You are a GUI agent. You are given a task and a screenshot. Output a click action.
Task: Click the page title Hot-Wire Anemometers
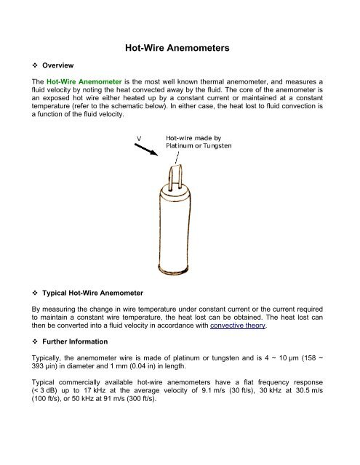177,48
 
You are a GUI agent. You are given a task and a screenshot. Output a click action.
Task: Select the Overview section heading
58,65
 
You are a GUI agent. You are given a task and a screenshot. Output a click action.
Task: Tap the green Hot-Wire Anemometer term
84,82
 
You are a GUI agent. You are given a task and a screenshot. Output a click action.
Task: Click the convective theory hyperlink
238,325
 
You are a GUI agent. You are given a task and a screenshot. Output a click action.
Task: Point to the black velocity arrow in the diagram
146,150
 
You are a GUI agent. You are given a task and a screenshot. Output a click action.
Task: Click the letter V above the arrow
139,138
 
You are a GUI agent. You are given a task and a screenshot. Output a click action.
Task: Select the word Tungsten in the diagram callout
217,146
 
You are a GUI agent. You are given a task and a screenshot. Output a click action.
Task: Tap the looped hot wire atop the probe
175,177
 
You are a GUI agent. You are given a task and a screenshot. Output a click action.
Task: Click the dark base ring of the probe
173,270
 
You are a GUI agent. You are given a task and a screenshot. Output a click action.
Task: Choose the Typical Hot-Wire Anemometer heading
92,293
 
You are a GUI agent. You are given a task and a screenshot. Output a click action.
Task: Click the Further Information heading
75,341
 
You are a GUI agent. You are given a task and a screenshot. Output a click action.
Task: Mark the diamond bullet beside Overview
35,65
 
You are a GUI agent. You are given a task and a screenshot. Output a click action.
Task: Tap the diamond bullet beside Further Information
35,341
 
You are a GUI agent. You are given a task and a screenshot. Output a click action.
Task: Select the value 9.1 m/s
213,391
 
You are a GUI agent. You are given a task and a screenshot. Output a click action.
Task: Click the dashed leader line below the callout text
177,158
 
